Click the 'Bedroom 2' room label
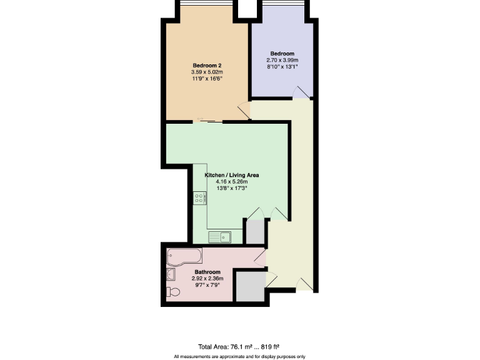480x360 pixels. coord(207,66)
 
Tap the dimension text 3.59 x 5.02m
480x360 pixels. coord(207,72)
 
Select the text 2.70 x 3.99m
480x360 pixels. coord(281,60)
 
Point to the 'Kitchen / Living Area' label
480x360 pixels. coord(232,175)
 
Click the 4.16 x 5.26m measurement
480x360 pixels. coord(232,182)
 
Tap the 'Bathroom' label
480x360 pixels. coord(207,272)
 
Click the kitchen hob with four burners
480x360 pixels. coord(200,198)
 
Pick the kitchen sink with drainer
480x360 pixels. coord(219,236)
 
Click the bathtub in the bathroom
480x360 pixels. coord(184,256)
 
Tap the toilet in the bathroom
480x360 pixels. coord(173,292)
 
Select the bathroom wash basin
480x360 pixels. coord(171,273)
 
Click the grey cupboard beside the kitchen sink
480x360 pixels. coord(255,232)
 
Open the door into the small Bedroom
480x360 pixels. coord(301,92)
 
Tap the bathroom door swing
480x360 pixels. coord(261,256)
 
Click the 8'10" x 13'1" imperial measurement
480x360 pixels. coord(281,67)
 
